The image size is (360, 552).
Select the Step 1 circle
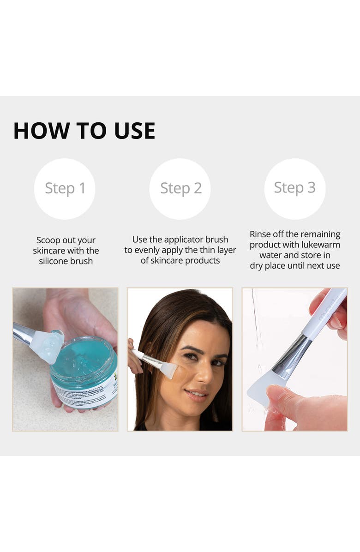coord(65,188)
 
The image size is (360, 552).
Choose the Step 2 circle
coord(180,188)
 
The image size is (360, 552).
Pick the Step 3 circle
coord(294,188)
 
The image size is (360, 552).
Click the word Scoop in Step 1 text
coord(48,240)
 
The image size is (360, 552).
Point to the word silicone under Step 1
coord(54,261)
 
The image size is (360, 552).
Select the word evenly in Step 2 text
coord(147,250)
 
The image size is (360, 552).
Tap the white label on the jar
coord(88,392)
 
